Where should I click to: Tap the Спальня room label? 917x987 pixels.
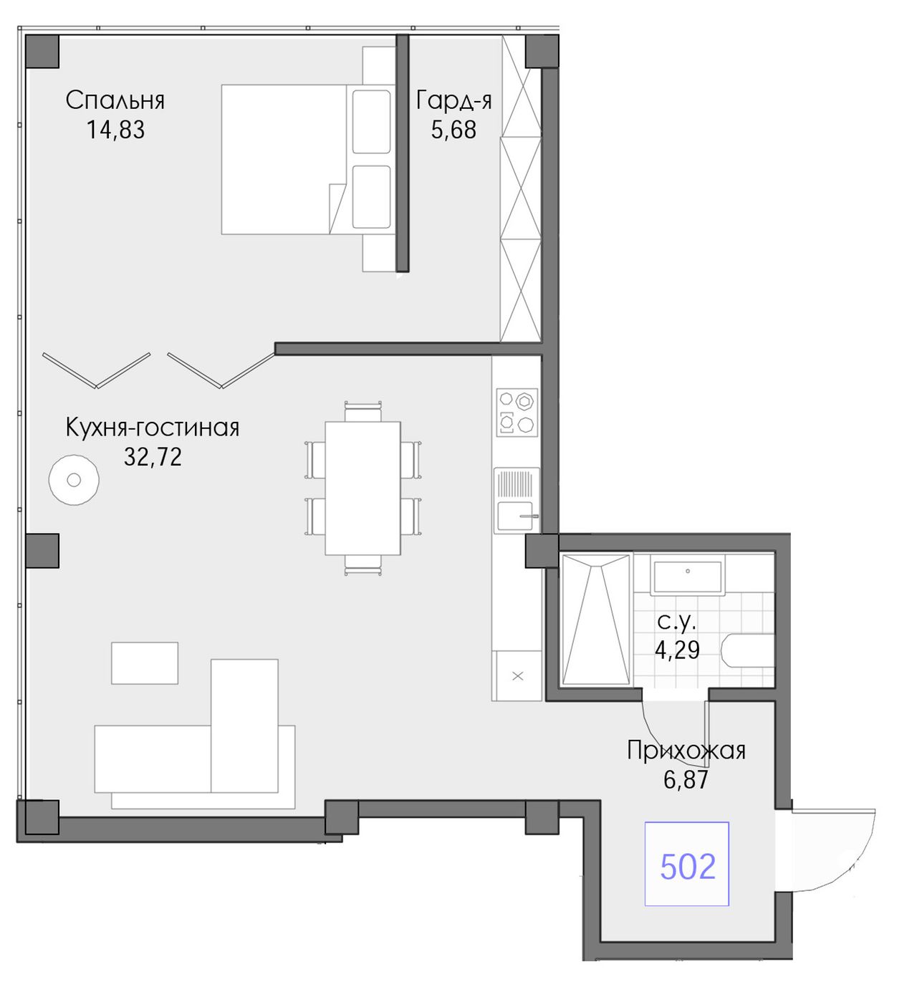(x=115, y=101)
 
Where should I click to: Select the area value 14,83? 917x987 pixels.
(x=115, y=130)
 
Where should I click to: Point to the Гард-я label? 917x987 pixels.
(x=453, y=101)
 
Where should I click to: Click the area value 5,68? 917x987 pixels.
(x=453, y=130)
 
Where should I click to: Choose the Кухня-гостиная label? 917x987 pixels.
(x=152, y=428)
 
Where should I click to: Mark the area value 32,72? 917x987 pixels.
(x=153, y=457)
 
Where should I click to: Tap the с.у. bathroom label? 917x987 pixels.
(x=677, y=622)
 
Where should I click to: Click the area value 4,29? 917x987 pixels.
(x=677, y=650)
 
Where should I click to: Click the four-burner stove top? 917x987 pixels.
(x=517, y=413)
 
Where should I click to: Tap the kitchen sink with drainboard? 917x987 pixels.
(x=517, y=500)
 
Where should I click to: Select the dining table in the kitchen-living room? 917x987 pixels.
(x=363, y=488)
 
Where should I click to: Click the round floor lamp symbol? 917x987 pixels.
(x=74, y=480)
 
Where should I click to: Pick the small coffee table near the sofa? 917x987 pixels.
(x=145, y=663)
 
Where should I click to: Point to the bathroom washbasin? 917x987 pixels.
(x=688, y=577)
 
